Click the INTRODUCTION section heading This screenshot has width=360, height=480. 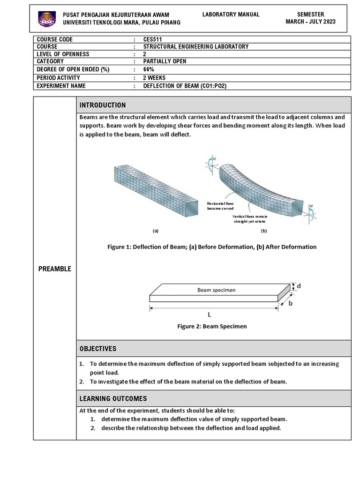point(103,105)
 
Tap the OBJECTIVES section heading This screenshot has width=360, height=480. point(97,349)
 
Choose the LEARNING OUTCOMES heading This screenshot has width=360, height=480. point(113,398)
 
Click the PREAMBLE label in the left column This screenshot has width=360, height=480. point(55,269)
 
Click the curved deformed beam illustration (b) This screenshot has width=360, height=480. point(262,187)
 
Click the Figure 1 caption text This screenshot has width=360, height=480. point(212,247)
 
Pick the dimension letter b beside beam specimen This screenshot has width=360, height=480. point(290,303)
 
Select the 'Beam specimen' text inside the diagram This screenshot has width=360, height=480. point(216,290)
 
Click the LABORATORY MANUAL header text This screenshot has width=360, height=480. point(231,15)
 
